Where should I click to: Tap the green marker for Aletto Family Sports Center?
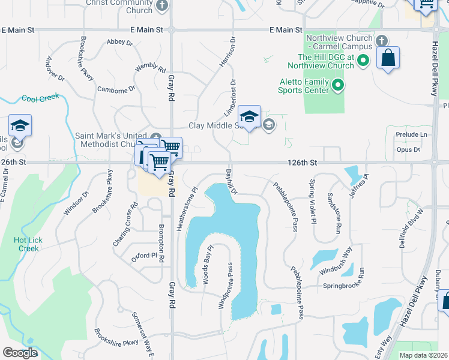[338, 86]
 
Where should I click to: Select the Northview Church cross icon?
[381, 41]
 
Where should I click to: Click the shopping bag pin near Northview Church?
[388, 59]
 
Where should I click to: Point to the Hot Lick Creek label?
[28, 244]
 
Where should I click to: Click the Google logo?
[20, 353]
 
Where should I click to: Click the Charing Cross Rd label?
[125, 227]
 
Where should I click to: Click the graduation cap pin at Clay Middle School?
[249, 116]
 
